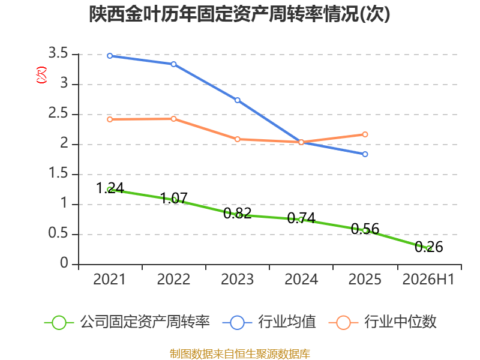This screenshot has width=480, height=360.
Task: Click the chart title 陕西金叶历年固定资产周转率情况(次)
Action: (x=239, y=14)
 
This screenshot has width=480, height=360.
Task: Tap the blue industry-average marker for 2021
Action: (x=110, y=56)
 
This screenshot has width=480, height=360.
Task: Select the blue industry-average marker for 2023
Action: (x=238, y=100)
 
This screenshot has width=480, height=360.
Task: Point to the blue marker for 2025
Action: (x=365, y=154)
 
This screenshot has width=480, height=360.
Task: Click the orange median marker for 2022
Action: (x=173, y=119)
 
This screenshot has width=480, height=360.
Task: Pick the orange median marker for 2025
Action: (x=365, y=134)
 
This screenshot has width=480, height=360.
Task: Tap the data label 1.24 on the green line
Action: (x=110, y=188)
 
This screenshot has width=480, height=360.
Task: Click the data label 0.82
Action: (x=238, y=214)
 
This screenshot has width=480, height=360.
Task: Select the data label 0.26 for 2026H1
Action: (x=429, y=247)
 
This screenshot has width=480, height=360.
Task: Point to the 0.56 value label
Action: (x=365, y=229)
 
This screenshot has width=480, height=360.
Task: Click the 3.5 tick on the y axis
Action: (x=58, y=53)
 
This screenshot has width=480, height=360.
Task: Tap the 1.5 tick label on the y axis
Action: (x=58, y=173)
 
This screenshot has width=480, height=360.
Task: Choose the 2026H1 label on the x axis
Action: (x=428, y=279)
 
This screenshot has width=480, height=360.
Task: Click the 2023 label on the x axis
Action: (x=238, y=279)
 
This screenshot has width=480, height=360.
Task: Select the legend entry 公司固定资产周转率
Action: (x=127, y=322)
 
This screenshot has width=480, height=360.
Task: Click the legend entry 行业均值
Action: (x=269, y=322)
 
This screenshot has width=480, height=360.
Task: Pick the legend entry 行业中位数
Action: (x=383, y=322)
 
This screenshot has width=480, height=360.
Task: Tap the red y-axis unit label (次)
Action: (x=41, y=74)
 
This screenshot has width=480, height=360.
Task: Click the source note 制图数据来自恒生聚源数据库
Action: (x=240, y=354)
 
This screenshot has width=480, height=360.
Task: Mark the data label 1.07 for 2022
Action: (x=173, y=199)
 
